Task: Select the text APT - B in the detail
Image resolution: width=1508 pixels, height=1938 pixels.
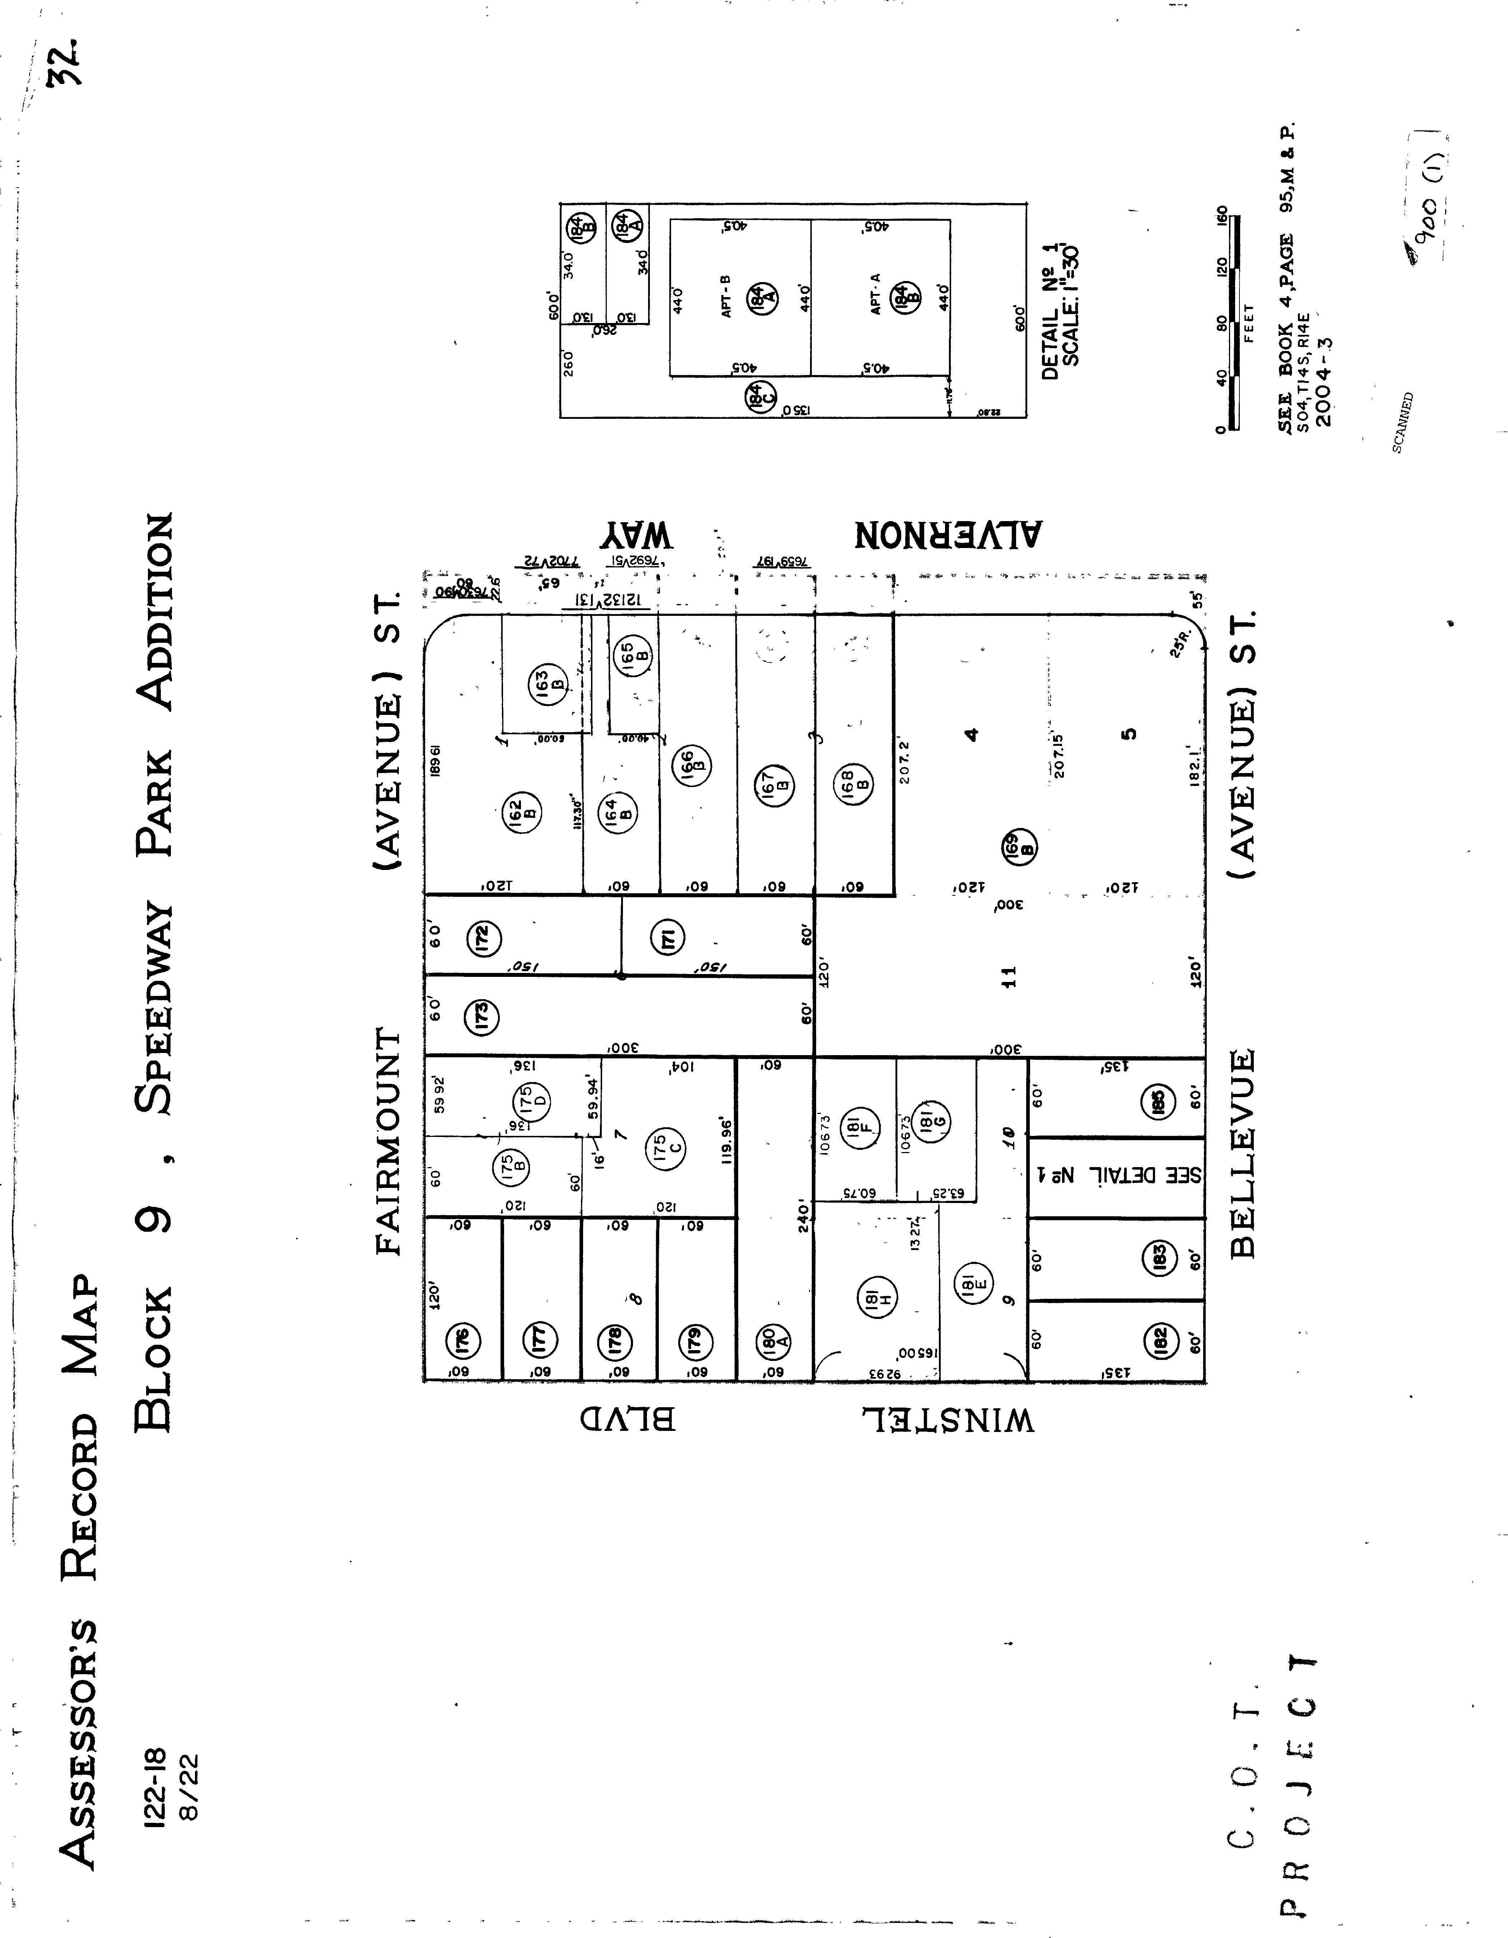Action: (x=726, y=296)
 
